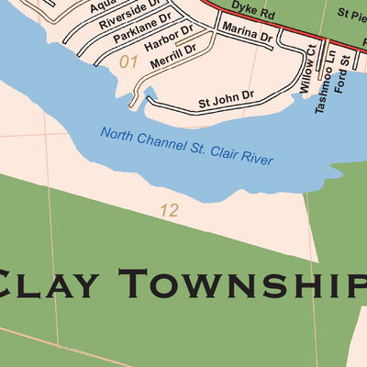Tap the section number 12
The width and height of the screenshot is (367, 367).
point(167,210)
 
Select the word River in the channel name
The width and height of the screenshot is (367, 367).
point(256,160)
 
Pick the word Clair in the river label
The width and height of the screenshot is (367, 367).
point(221,153)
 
